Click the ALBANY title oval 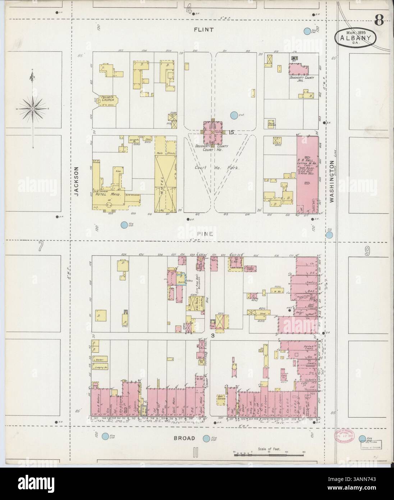(356, 37)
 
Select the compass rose (33, 108)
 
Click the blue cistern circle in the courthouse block (234, 115)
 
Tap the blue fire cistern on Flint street (307, 32)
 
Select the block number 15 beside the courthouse (231, 132)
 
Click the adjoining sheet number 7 (41, 247)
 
